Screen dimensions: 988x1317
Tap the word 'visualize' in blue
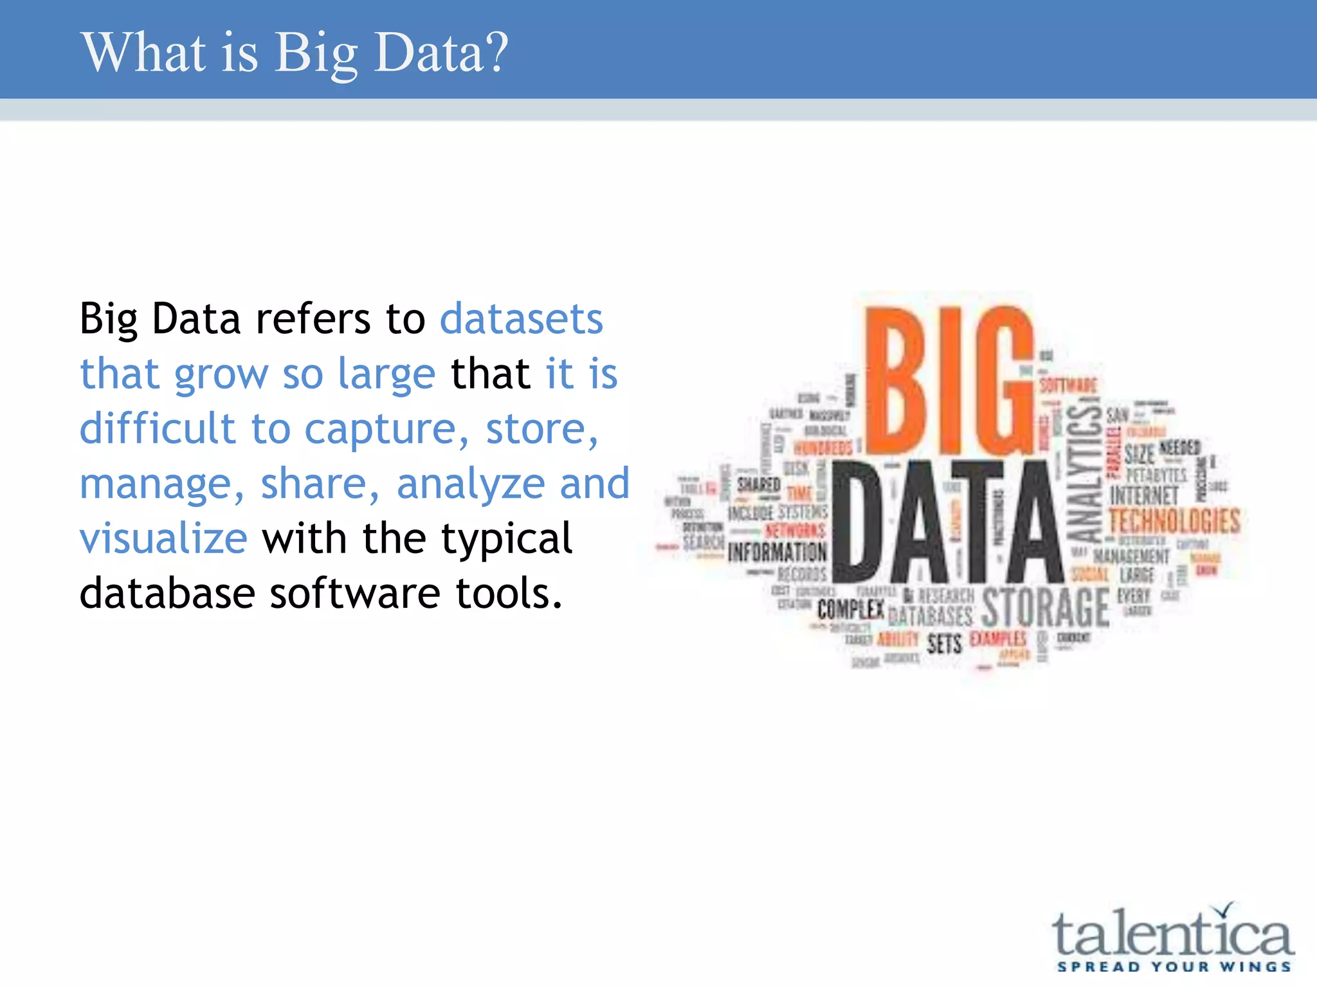coord(163,538)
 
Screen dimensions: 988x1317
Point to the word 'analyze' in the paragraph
coord(470,484)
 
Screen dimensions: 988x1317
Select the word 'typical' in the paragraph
coord(507,540)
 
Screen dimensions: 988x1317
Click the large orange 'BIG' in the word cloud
coord(949,381)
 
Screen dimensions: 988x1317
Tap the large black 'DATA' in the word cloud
coord(945,522)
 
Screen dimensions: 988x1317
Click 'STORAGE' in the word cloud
coord(1045,607)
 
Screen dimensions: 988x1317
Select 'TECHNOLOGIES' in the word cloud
coord(1174,521)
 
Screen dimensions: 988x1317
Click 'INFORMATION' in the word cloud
coord(777,552)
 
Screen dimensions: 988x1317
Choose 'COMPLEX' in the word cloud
coord(850,609)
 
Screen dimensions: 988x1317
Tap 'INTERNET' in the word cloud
coord(1144,495)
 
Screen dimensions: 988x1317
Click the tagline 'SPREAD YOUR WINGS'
coord(1174,967)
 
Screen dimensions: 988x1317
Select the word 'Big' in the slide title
coord(316,54)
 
